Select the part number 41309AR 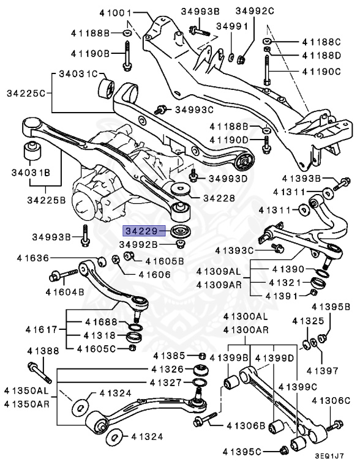coord(219,285)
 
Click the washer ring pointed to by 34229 coord(181,233)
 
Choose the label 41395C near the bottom coord(252,451)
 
